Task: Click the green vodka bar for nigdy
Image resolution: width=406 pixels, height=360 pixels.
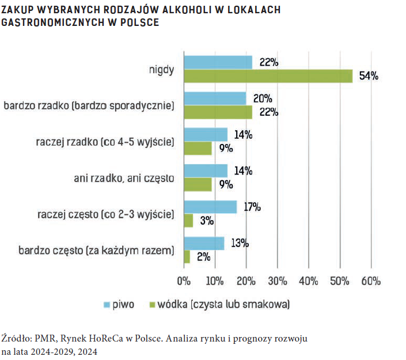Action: [x=268, y=76]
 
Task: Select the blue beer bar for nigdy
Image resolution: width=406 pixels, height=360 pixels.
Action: [x=218, y=62]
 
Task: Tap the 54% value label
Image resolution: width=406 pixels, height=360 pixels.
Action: [x=369, y=76]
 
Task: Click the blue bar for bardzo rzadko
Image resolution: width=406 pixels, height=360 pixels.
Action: [x=215, y=98]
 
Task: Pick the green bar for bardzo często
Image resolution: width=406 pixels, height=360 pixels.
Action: [x=187, y=257]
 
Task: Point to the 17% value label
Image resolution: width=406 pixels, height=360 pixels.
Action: [x=252, y=207]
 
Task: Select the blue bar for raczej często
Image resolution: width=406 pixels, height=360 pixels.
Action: [x=210, y=207]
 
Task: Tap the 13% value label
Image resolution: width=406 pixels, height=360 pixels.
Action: [x=239, y=243]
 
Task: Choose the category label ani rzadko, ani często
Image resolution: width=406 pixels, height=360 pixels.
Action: [x=124, y=178]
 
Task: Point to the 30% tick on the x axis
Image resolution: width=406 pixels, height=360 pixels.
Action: [x=278, y=282]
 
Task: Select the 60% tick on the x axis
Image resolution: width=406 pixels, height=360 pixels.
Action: [x=371, y=282]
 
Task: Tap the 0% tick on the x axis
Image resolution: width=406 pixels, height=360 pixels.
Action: [x=184, y=282]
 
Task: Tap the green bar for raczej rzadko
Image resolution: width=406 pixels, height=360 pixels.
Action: [x=198, y=148]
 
